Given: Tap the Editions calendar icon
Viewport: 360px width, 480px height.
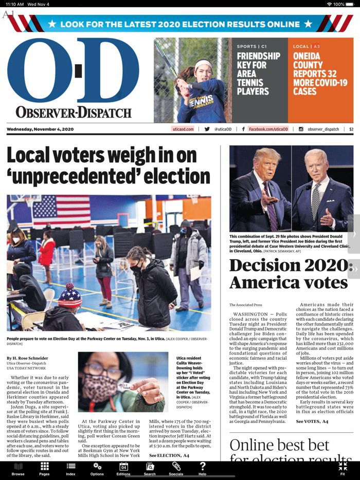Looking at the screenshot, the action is (123, 468).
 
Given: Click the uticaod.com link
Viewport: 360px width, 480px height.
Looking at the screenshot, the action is (183, 130).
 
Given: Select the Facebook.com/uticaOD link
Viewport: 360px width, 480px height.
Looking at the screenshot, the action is (268, 130).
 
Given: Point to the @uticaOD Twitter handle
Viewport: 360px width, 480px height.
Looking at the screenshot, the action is (223, 130).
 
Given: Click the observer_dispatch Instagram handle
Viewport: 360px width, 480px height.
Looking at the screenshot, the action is (323, 130).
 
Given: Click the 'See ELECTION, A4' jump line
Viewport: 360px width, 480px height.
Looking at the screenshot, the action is (169, 455).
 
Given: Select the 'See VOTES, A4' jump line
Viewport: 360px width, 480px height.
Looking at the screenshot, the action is (312, 421).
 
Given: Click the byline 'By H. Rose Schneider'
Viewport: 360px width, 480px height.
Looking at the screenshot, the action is (28, 358).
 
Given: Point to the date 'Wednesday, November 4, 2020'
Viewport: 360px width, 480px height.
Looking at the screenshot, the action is (40, 130).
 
